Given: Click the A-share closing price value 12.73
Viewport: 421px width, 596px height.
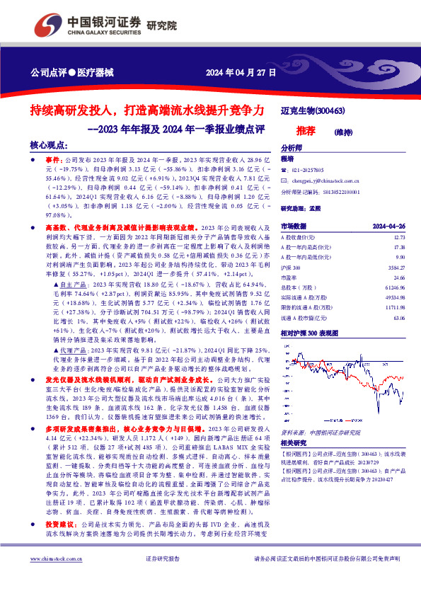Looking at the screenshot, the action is point(400,238).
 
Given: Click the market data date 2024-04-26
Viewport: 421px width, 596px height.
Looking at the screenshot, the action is point(388,225).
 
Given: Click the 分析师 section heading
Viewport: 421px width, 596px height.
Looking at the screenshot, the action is point(292,148).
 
